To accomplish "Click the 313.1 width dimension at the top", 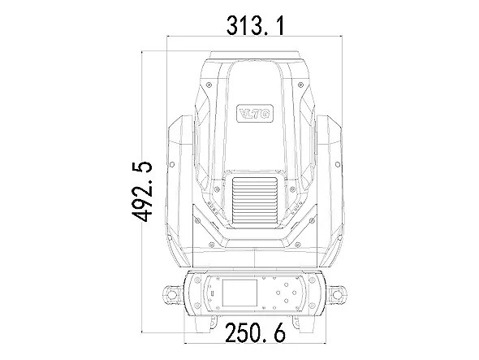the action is coord(256,26).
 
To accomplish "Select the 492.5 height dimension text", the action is coord(142,192).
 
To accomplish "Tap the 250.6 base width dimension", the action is coord(256,332).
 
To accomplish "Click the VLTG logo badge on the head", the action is coord(255,114).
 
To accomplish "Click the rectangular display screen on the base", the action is coord(239,293).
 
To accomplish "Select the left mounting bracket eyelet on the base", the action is coord(172,294).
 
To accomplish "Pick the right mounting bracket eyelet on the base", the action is coord(337,294).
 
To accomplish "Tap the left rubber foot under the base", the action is coord(203,324).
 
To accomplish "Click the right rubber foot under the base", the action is coord(307,324).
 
